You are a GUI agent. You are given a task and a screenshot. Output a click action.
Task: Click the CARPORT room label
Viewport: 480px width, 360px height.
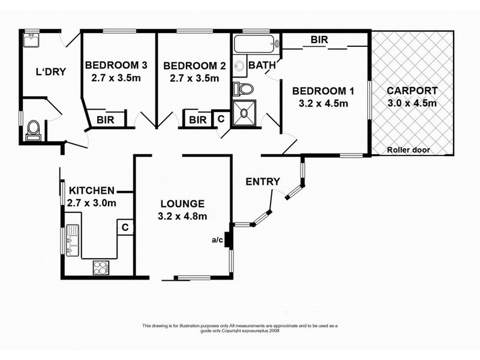(412, 91)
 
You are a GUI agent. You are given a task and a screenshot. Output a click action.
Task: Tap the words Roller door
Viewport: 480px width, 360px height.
(409, 150)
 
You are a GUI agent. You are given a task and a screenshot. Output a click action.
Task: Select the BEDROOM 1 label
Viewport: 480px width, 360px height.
(323, 91)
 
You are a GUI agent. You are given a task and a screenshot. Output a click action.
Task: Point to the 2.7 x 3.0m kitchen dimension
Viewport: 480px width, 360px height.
(92, 203)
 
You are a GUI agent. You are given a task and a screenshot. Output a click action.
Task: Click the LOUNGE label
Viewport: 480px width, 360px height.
(182, 203)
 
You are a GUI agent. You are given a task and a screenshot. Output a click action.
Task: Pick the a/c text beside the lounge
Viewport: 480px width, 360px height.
(217, 239)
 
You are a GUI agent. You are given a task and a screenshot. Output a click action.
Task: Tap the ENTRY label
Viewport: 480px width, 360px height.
(263, 182)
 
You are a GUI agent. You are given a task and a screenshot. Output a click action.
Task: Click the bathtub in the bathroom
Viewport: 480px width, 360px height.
(257, 44)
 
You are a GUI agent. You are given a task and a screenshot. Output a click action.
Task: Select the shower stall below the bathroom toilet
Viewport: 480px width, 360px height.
(244, 113)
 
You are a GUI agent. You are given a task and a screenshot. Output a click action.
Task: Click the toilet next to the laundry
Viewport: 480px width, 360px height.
(33, 130)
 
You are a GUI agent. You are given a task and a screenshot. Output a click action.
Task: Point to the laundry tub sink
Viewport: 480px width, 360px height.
(31, 40)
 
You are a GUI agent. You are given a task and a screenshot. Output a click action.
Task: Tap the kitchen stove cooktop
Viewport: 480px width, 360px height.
(101, 268)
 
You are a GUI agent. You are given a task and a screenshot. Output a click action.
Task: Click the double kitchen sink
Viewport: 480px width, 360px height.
(73, 241)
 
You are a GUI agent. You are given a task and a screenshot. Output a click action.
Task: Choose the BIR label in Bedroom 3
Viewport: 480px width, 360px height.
(106, 119)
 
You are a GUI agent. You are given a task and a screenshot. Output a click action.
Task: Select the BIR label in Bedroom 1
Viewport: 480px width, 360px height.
(319, 40)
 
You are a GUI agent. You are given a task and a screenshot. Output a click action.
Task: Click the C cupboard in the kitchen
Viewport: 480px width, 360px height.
(125, 227)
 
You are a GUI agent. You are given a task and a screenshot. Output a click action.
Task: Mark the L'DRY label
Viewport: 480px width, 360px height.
(51, 71)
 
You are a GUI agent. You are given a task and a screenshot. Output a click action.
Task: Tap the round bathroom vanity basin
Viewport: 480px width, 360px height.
(239, 65)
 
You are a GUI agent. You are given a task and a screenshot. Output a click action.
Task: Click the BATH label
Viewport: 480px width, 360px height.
(262, 65)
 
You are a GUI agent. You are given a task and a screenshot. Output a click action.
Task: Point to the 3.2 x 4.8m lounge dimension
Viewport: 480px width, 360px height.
(182, 216)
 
